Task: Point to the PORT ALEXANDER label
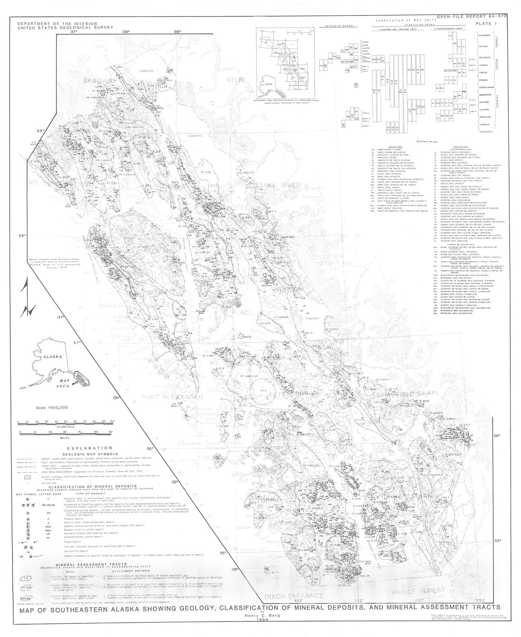click(x=172, y=397)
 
